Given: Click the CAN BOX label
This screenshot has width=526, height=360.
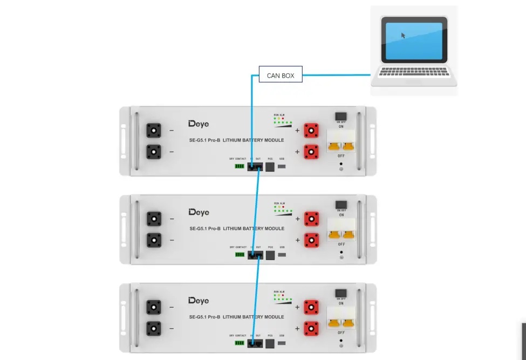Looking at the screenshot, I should click(281, 76).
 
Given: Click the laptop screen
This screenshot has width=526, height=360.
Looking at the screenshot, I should click(414, 39).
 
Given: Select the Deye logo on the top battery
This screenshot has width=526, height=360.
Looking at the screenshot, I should click(199, 124).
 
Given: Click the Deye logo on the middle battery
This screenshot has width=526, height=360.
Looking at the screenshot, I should click(199, 212).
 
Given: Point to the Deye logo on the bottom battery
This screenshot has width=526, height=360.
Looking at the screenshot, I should click(199, 301).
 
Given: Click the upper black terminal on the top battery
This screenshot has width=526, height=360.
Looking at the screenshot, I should click(154, 131).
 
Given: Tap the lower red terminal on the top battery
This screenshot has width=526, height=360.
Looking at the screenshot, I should click(311, 152).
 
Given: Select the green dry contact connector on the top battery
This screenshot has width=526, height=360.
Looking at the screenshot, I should click(240, 166).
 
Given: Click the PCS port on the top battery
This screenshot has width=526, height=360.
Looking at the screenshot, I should click(270, 166).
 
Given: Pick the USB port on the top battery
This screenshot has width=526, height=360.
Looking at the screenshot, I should click(282, 166).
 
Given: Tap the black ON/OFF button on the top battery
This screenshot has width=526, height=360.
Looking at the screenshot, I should click(341, 116).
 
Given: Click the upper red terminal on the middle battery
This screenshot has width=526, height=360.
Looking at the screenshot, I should click(311, 219).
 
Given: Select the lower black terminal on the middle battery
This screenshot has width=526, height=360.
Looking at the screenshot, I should click(154, 240).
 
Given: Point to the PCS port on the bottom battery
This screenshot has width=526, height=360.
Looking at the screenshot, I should click(270, 343).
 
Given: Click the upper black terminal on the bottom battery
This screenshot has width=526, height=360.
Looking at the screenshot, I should click(154, 308).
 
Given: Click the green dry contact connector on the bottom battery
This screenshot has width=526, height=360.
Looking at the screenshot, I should click(240, 343).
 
